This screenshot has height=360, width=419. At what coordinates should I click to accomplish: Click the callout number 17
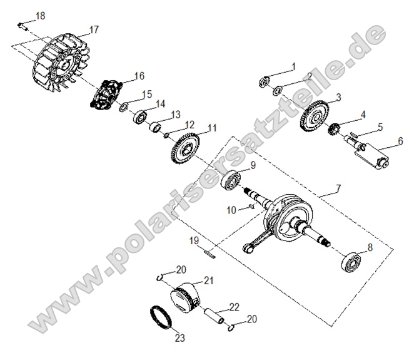coord(94,29)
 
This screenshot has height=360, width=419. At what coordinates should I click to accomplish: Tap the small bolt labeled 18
coord(21,26)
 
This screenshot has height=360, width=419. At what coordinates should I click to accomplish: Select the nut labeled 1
coord(265,80)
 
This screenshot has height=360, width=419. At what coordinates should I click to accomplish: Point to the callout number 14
coord(161,104)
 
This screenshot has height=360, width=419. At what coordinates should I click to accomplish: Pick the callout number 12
coord(189,124)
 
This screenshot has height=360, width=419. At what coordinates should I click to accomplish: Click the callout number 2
coord(309,76)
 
